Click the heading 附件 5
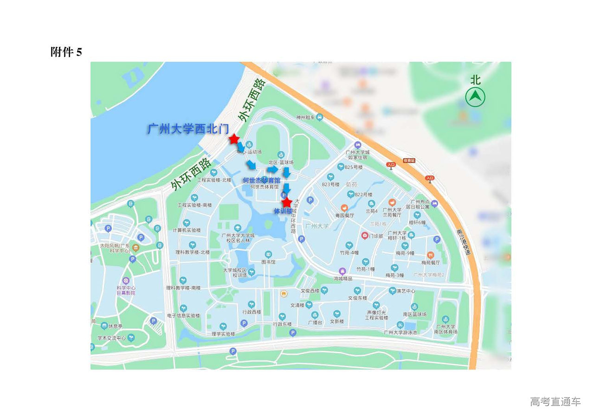66,52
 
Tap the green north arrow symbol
475,97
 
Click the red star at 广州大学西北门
234,139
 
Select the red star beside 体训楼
287,202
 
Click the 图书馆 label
268,262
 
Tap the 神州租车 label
306,117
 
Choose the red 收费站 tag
409,160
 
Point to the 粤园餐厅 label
345,215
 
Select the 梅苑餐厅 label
431,262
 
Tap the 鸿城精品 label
342,278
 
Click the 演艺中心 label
406,291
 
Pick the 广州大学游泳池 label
400,332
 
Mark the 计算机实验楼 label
187,230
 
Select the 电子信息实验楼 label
183,316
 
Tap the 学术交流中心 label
111,338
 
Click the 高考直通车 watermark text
555,401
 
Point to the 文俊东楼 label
357,298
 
